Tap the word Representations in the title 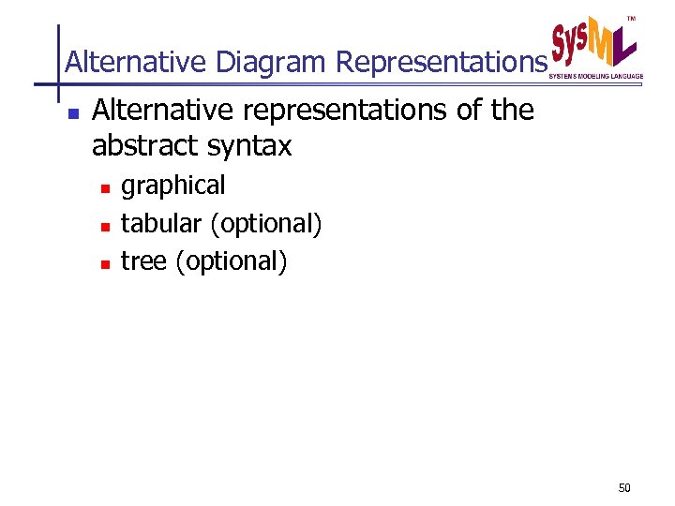pos(440,63)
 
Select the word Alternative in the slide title pos(136,63)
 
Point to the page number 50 pos(625,488)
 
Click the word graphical pos(173,186)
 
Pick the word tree pos(143,261)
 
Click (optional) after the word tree pos(232,262)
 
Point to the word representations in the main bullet pos(347,111)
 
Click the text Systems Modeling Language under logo pos(595,75)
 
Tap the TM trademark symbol pos(631,19)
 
